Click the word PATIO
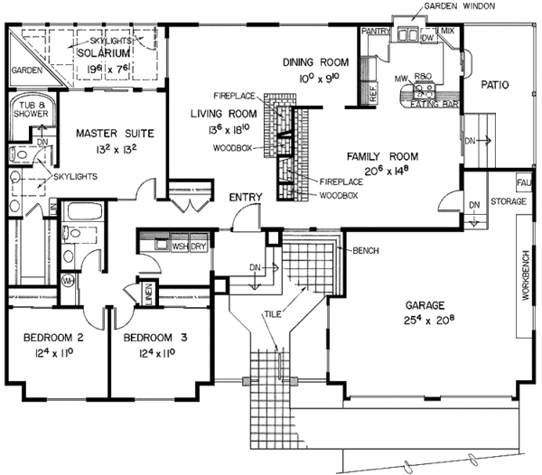coord(495,85)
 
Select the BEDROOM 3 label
coord(154,339)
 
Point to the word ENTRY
coord(246,197)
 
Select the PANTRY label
coord(374,31)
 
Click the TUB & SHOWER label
coord(29,111)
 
